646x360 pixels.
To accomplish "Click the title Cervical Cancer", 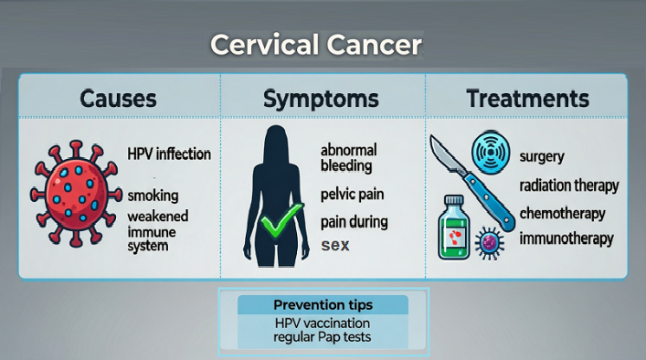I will click(x=316, y=45).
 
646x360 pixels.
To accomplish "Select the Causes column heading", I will click(x=118, y=98).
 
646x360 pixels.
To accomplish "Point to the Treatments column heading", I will click(x=528, y=98).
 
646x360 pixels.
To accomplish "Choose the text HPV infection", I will click(x=169, y=154).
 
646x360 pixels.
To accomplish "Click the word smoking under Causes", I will click(x=153, y=196).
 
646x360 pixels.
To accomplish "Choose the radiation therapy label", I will click(x=568, y=185).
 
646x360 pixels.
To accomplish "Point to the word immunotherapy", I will click(x=566, y=239).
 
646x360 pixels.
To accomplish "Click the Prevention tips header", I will click(x=323, y=304).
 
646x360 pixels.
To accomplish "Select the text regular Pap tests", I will click(x=323, y=339).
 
